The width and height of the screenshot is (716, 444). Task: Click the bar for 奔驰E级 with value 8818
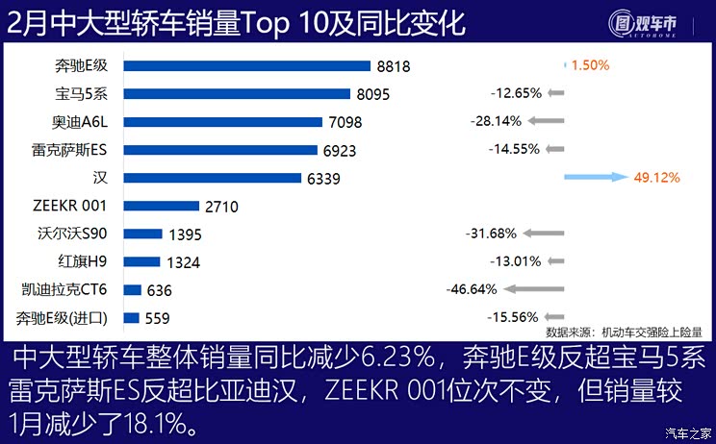click(246, 66)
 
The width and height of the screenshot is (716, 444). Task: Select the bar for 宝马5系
click(236, 94)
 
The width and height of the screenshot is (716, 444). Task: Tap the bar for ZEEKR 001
click(161, 206)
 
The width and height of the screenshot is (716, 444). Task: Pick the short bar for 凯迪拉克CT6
click(133, 289)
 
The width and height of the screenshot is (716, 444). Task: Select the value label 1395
click(184, 234)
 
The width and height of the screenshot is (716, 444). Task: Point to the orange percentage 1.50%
click(590, 66)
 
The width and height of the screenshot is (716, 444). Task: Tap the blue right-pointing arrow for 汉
click(594, 178)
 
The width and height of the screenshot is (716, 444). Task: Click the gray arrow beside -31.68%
click(544, 234)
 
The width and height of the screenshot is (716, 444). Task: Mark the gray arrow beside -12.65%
click(555, 94)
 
